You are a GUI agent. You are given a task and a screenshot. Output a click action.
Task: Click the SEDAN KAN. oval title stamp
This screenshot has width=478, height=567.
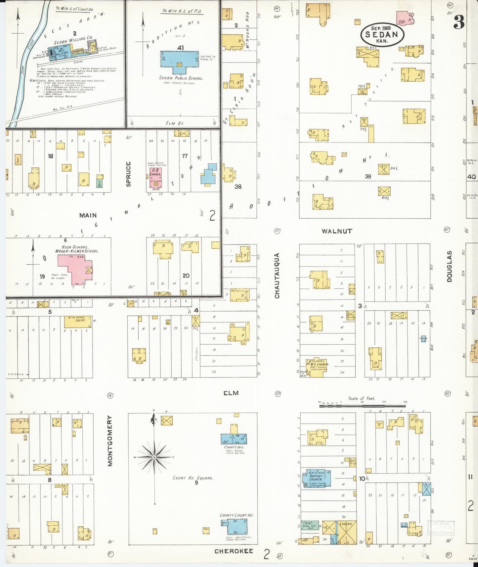(382, 34)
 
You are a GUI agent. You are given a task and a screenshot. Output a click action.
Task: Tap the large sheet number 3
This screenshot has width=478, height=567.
(459, 22)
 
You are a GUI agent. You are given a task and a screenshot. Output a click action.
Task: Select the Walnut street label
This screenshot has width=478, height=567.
(337, 231)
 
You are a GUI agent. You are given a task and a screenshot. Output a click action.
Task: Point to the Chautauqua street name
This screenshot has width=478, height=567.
(277, 276)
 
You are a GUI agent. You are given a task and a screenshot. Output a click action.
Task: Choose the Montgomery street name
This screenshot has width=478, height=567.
(110, 441)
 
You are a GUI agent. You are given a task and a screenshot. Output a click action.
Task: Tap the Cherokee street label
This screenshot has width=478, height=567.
(234, 551)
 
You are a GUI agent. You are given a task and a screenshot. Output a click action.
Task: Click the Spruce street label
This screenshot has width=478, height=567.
(128, 174)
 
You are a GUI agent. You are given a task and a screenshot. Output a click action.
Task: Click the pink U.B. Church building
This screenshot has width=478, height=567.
(155, 177)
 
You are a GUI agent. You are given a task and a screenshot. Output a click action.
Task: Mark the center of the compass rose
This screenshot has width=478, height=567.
(154, 457)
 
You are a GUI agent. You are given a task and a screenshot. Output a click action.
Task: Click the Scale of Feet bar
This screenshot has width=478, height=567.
(363, 405)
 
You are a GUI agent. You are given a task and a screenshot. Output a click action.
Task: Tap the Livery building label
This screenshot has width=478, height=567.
(346, 524)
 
